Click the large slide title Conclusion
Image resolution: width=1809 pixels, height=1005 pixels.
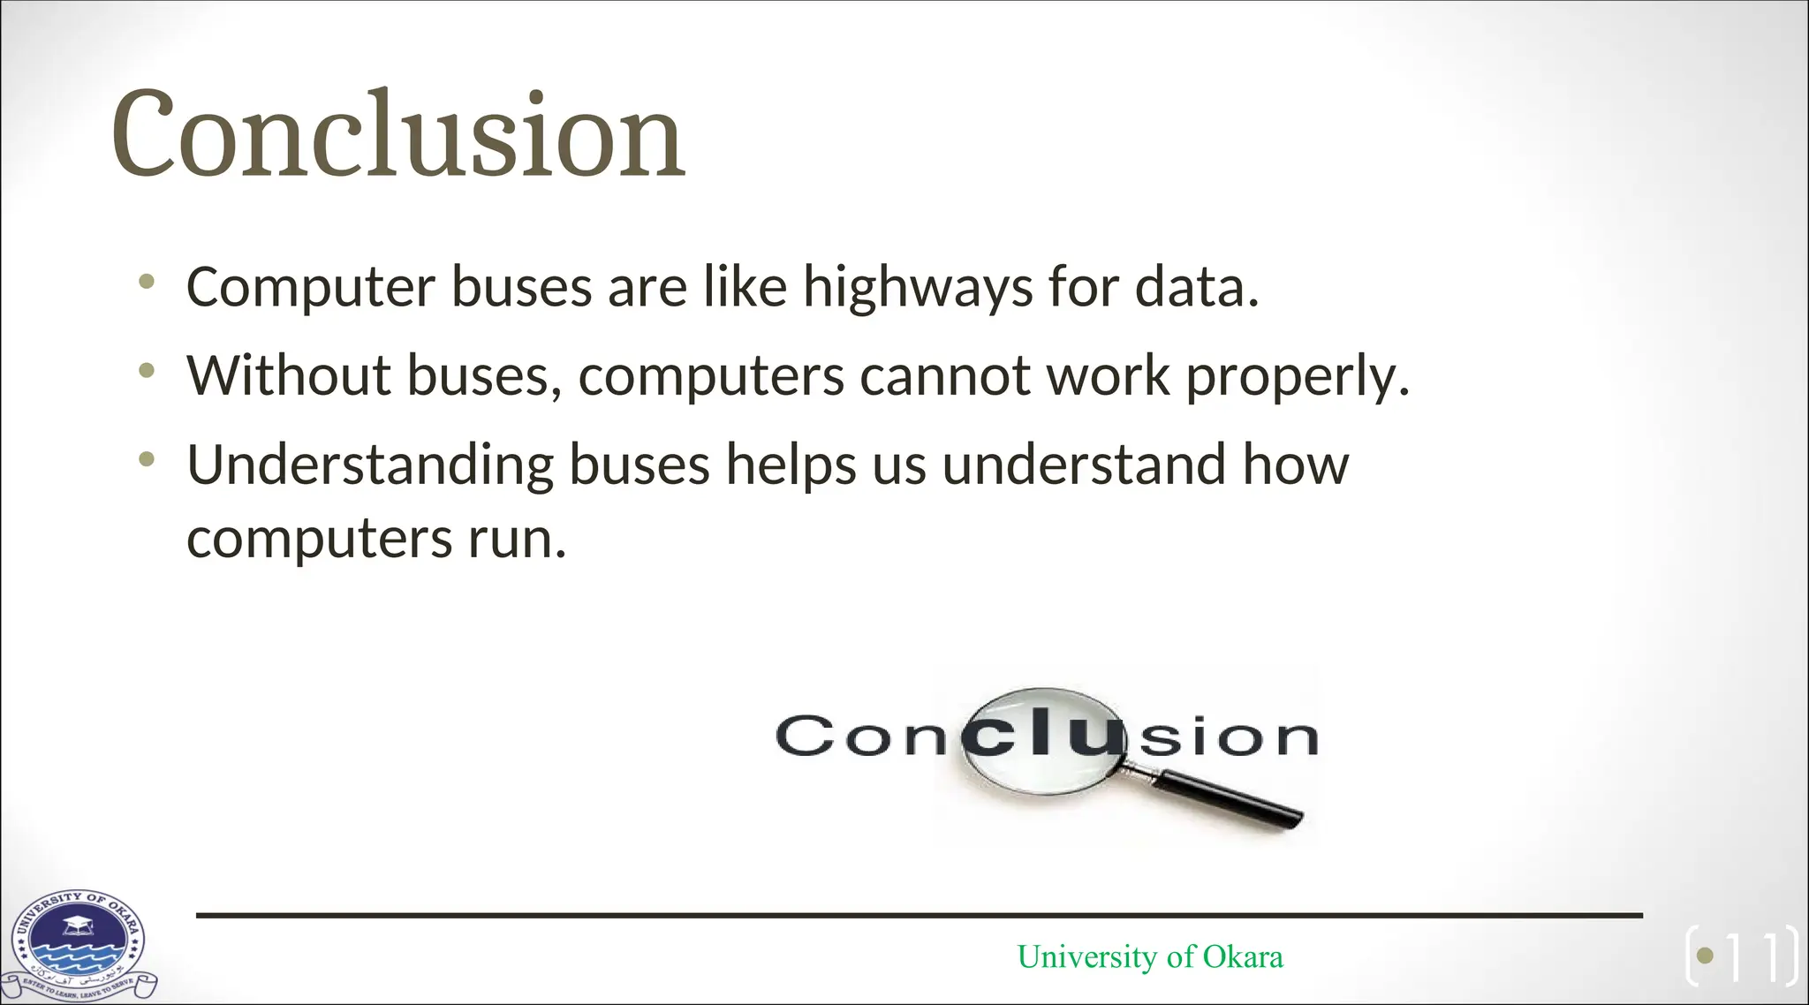pos(397,134)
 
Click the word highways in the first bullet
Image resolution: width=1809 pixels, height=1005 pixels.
pos(917,288)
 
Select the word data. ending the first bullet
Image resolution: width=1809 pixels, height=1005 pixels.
pos(1197,288)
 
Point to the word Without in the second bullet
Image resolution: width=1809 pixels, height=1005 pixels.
pos(288,375)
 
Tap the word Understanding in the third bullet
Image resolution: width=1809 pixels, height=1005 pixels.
pos(370,465)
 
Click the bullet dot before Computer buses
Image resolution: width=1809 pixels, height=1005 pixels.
pos(147,283)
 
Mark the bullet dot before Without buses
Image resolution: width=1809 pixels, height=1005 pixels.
pos(147,370)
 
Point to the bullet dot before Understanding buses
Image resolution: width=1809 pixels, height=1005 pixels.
pos(147,459)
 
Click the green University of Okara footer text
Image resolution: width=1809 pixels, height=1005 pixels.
pos(1149,956)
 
